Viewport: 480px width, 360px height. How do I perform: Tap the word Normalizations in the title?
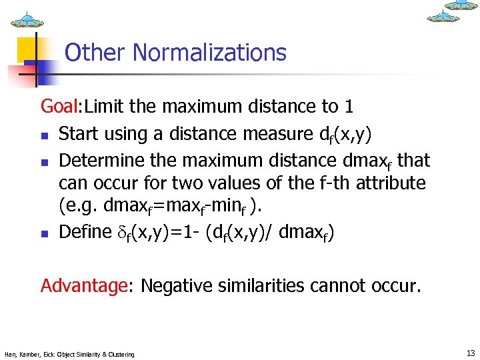(x=209, y=53)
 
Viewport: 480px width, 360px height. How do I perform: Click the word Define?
(x=85, y=232)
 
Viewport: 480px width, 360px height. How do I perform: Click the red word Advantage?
(x=84, y=286)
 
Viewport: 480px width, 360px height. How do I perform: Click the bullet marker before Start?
(x=45, y=135)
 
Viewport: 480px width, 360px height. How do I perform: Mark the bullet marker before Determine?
(x=45, y=163)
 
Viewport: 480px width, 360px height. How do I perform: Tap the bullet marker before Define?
(x=45, y=233)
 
